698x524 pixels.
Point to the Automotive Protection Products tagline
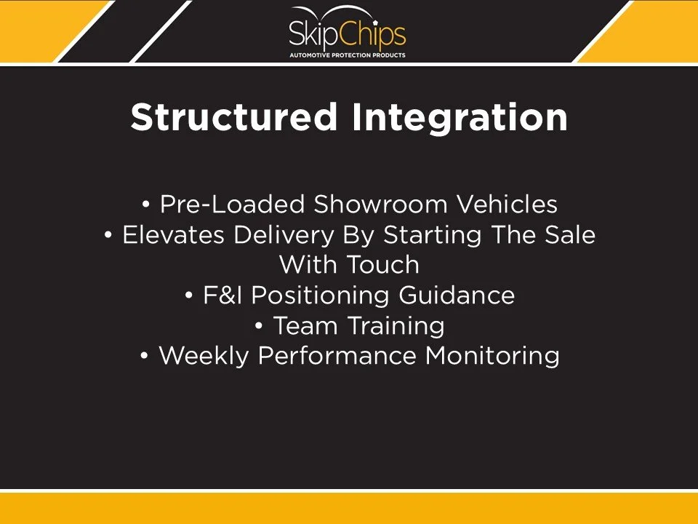point(348,55)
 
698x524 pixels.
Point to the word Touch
point(382,265)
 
